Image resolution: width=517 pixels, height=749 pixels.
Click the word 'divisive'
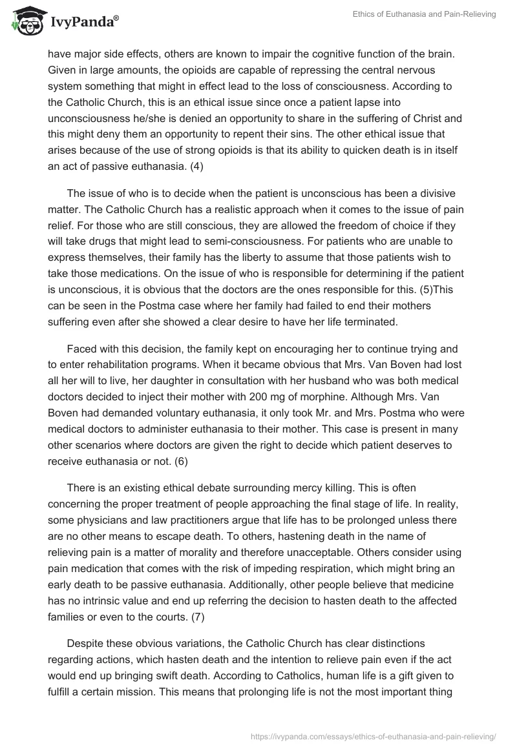437,177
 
